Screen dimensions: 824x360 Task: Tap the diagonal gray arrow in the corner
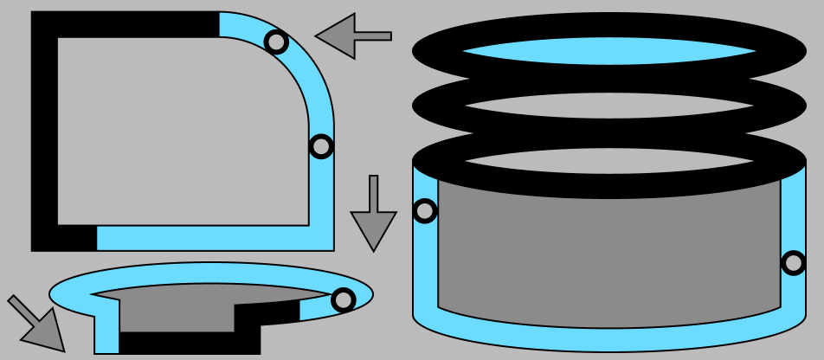point(38,325)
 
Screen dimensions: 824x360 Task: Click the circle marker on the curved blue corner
point(276,42)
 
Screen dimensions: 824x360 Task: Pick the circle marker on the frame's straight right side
point(321,146)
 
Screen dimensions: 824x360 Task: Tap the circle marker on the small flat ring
point(344,299)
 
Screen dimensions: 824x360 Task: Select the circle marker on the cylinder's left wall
point(425,210)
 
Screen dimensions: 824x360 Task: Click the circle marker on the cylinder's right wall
point(793,262)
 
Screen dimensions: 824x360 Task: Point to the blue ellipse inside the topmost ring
point(609,51)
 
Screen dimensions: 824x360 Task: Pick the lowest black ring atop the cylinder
point(609,184)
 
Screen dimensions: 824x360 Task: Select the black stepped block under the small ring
point(190,343)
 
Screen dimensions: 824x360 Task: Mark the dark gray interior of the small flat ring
point(173,307)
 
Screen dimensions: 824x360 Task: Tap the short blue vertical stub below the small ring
point(106,333)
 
